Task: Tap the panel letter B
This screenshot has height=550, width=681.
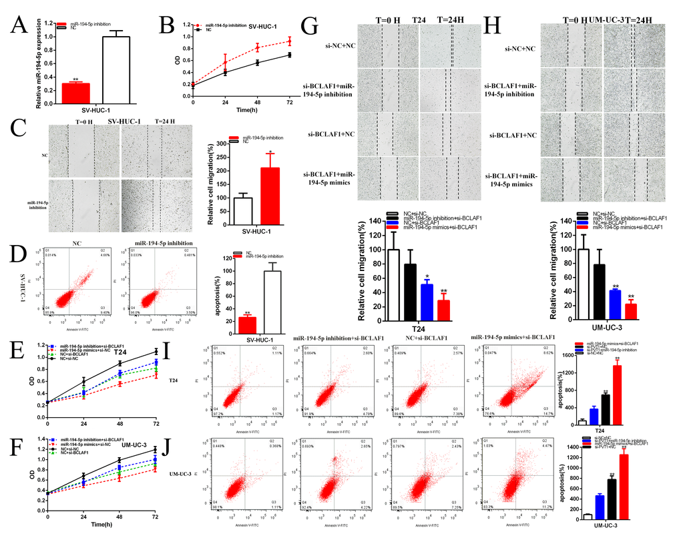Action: coord(167,27)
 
